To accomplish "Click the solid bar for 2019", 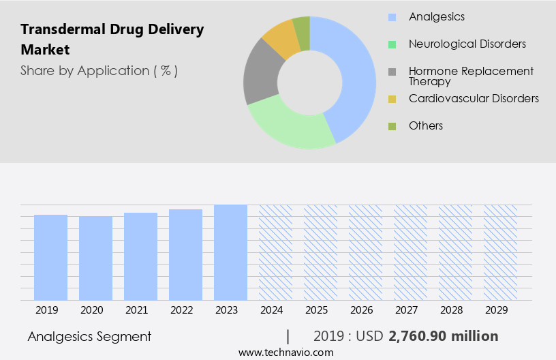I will point(50,257).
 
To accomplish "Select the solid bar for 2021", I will point(140,256).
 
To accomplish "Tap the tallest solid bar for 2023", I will point(230,252).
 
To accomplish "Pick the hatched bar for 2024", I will point(275,252).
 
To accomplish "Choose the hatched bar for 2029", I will point(500,252).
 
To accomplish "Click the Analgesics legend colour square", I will point(392,16).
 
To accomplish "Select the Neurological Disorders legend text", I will point(467,44).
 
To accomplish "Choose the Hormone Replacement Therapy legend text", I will point(471,76).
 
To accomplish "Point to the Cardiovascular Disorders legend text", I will point(474,98).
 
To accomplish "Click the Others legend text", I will point(425,125).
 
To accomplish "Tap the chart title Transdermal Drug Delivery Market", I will point(112,40).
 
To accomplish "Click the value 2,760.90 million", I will point(443,336).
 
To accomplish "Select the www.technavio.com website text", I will point(285,352).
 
